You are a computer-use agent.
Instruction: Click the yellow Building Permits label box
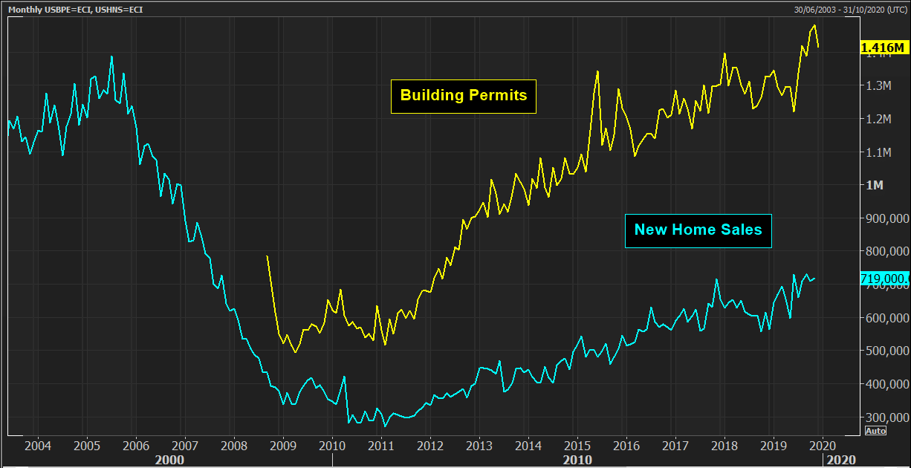coord(464,96)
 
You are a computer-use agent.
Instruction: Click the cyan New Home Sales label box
coord(698,230)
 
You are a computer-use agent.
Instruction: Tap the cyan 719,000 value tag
coord(883,279)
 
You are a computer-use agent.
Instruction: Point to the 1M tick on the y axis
coord(875,185)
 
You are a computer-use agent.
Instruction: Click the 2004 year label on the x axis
coord(38,446)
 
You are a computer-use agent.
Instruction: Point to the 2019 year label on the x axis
coord(773,446)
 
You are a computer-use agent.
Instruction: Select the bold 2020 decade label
coord(841,460)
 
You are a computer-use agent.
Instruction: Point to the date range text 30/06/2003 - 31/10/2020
coord(847,9)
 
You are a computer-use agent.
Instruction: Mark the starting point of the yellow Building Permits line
coord(267,256)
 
